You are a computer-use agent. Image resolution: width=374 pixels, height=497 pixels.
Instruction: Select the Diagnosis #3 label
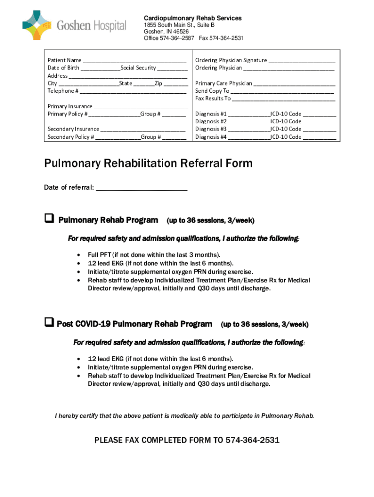pos(211,129)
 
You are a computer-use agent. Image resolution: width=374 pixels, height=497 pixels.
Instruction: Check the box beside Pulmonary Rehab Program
pos(49,219)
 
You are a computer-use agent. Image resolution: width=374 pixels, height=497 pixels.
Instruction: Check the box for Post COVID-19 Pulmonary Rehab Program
pos(49,323)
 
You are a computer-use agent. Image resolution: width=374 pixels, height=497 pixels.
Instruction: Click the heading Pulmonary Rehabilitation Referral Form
pos(149,163)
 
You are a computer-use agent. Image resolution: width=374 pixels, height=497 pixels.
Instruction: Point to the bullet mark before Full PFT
pos(79,255)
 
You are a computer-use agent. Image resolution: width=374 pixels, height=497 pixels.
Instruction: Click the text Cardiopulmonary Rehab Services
pos(193,18)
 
